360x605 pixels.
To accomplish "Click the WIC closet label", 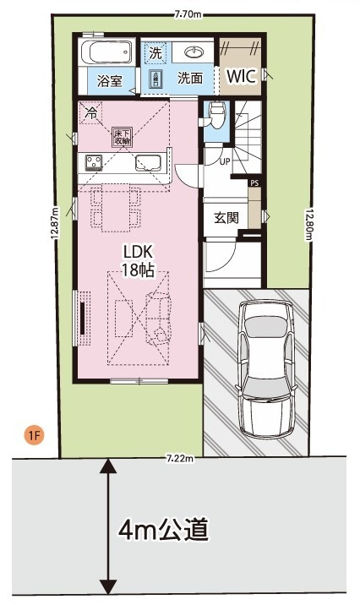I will pyautogui.click(x=241, y=77).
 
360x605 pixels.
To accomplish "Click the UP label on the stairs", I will pyautogui.click(x=225, y=161).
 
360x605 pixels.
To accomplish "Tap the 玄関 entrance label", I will pyautogui.click(x=226, y=216).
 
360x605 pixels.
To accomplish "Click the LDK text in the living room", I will pyautogui.click(x=138, y=253).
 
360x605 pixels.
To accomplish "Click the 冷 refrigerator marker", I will pyautogui.click(x=90, y=112).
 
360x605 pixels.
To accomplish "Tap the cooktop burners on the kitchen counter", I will pyautogui.click(x=91, y=161).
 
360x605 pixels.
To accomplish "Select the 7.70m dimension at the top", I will pyautogui.click(x=187, y=14).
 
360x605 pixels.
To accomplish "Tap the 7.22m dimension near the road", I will pyautogui.click(x=179, y=459).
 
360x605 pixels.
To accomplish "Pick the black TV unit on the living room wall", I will pyautogui.click(x=83, y=317).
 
